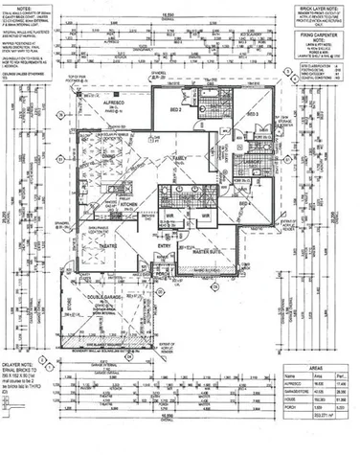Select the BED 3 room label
[253, 114]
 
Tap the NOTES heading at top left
[27, 9]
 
